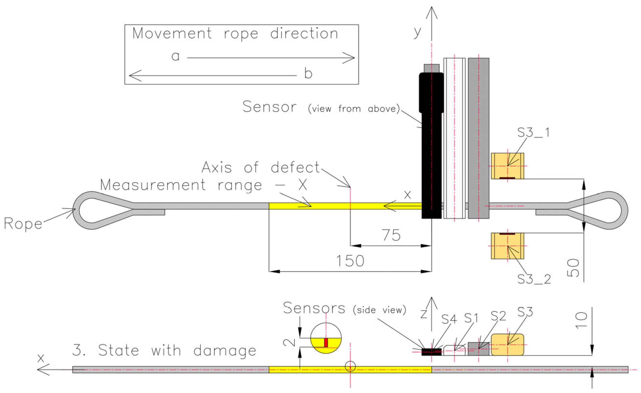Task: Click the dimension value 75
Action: (x=391, y=235)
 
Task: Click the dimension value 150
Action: (x=350, y=261)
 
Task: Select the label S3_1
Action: (x=534, y=132)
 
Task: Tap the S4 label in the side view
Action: (x=449, y=319)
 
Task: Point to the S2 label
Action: (x=498, y=316)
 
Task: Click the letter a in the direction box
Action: (x=176, y=56)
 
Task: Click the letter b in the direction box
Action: (x=308, y=73)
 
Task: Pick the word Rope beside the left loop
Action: (x=23, y=224)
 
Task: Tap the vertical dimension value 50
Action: (x=573, y=268)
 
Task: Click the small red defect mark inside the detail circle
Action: (x=326, y=342)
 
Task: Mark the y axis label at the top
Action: (x=417, y=32)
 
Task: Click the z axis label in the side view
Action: (x=424, y=314)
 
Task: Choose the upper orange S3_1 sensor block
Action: (x=507, y=166)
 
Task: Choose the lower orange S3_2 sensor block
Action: (x=507, y=246)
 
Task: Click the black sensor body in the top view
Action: (x=431, y=156)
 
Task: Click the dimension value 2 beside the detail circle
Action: (x=289, y=342)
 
